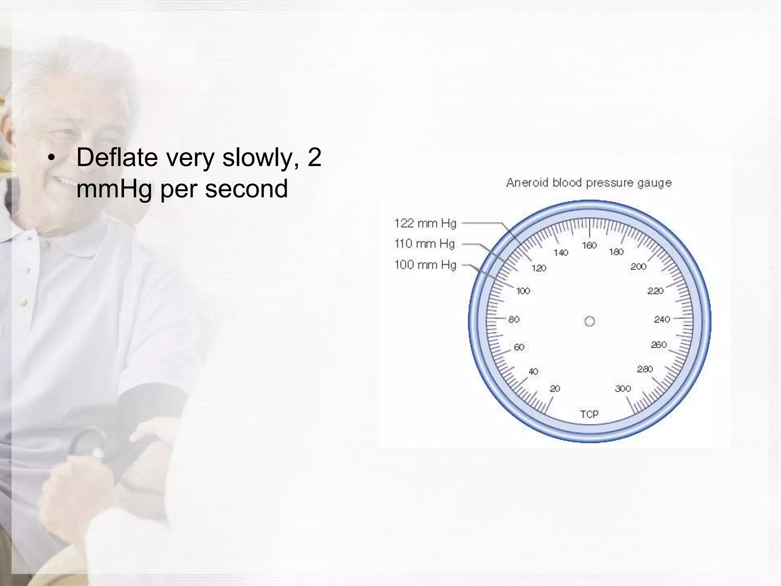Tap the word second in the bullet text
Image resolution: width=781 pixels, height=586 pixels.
coord(246,188)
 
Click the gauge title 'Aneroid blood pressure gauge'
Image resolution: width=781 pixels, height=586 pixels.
coord(589,183)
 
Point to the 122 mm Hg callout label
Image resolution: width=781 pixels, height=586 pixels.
coord(425,223)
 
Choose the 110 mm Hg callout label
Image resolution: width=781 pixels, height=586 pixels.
coord(425,243)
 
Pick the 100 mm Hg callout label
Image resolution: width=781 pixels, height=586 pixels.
coord(425,264)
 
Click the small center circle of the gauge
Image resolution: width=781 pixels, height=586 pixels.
coord(590,321)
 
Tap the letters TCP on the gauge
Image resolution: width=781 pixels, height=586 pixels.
coord(589,414)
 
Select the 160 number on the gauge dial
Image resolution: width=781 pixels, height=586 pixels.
coord(589,245)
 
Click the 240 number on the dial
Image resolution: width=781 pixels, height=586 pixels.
coord(662,319)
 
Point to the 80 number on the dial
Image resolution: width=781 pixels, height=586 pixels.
coord(514,319)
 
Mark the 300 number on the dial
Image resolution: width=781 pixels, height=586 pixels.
coord(623,388)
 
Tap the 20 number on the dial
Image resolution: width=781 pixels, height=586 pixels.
coord(555,388)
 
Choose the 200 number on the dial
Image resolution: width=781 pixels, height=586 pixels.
coord(638,266)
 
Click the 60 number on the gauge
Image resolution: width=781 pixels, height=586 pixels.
coord(519,347)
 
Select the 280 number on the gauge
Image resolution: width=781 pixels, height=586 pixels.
coord(645,369)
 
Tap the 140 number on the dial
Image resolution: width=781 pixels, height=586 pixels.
coord(561,252)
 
